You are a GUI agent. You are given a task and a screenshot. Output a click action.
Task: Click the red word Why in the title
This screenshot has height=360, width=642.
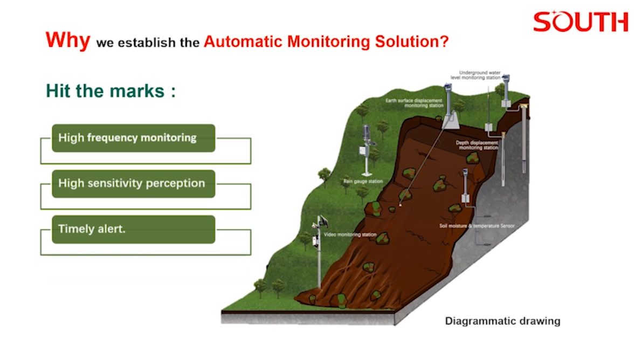(67, 40)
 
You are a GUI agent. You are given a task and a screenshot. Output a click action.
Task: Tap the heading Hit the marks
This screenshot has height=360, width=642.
(111, 91)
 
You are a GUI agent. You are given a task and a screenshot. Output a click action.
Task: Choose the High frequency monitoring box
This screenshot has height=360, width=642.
(133, 138)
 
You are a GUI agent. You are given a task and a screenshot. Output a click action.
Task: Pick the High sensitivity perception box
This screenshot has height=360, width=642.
(133, 183)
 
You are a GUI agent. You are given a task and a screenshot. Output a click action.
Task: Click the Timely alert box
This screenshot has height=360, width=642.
(133, 229)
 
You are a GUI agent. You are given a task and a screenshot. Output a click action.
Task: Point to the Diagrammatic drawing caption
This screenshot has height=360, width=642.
(502, 321)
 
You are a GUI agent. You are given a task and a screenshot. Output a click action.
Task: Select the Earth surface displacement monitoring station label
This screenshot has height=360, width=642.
(413, 103)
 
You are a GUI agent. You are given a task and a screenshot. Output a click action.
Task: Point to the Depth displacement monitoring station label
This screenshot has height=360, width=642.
(477, 144)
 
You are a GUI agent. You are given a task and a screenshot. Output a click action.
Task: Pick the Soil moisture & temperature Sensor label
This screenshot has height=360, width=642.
(477, 226)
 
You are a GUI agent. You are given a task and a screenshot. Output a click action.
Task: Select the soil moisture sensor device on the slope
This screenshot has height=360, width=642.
(465, 186)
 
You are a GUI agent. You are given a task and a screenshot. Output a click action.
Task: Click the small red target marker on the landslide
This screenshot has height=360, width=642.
(400, 204)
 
